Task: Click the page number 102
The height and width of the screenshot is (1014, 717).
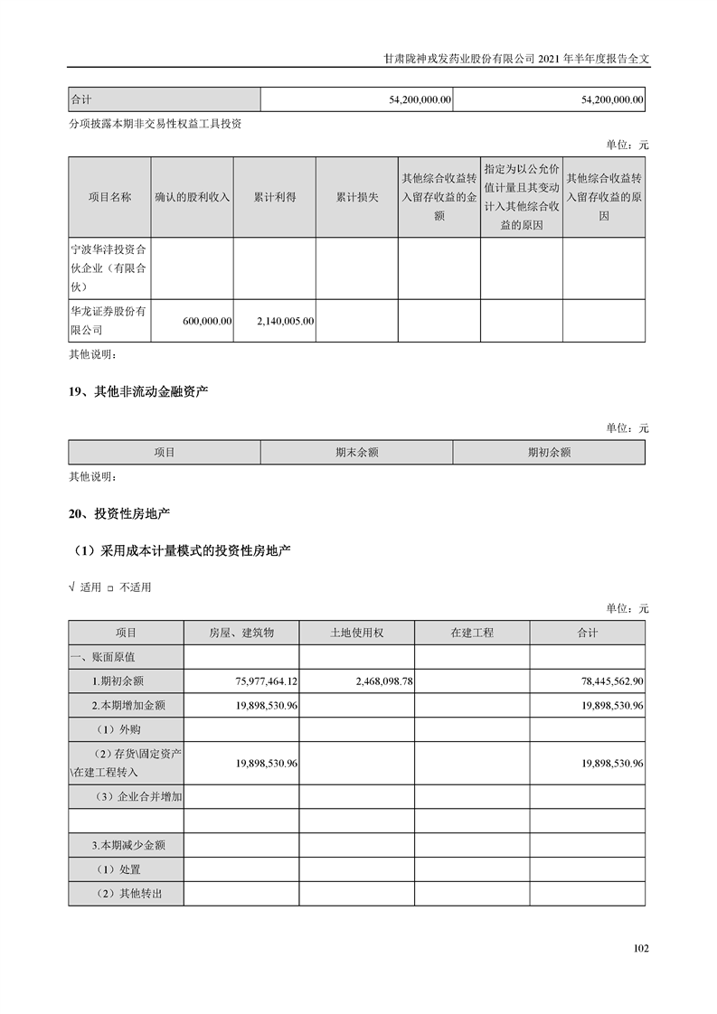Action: pos(641,948)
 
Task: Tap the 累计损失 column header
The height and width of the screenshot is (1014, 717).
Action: pos(357,197)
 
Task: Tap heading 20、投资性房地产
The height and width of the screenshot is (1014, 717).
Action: pos(119,513)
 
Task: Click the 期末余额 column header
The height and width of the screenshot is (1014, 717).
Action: pos(356,452)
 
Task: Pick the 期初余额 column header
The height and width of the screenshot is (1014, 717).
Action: pos(549,452)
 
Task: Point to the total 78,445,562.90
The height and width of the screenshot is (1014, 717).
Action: pos(600,681)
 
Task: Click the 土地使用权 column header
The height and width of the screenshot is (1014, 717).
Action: pos(356,633)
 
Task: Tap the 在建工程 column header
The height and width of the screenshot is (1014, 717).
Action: pos(472,633)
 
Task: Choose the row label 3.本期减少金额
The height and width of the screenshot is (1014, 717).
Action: pos(127,846)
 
